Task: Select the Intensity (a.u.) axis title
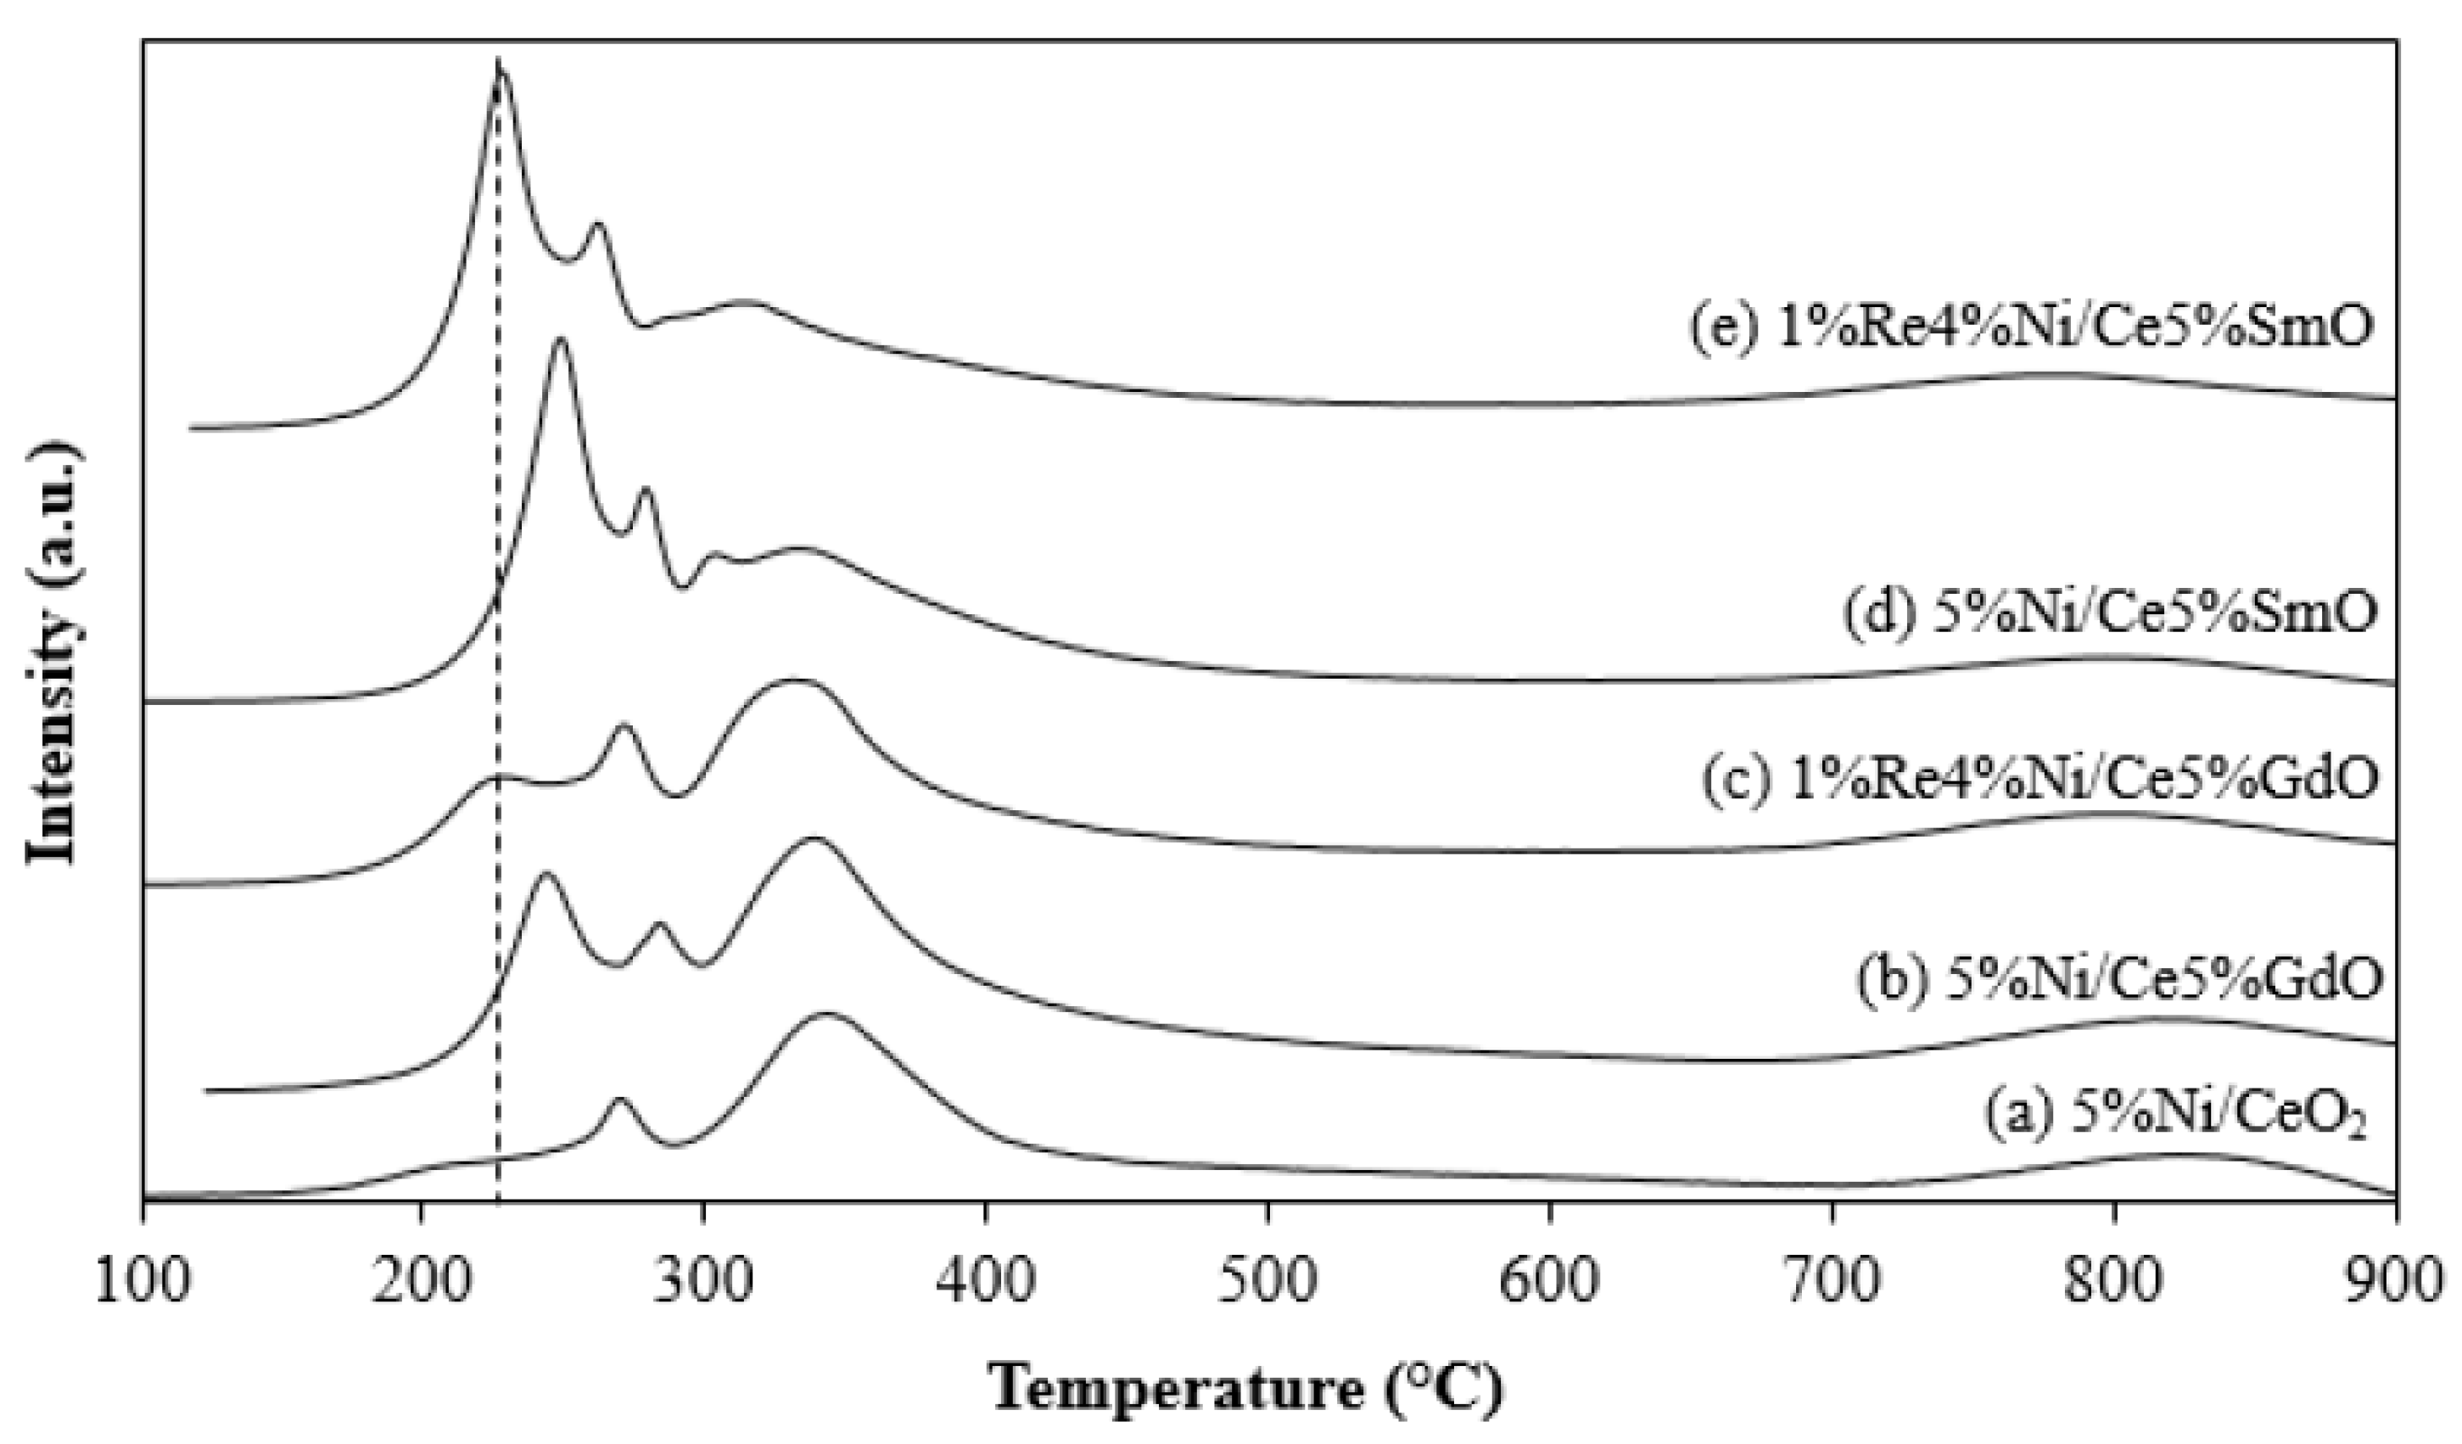[x=53, y=652]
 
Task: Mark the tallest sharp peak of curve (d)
[x=560, y=340]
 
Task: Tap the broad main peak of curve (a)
[x=827, y=1016]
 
